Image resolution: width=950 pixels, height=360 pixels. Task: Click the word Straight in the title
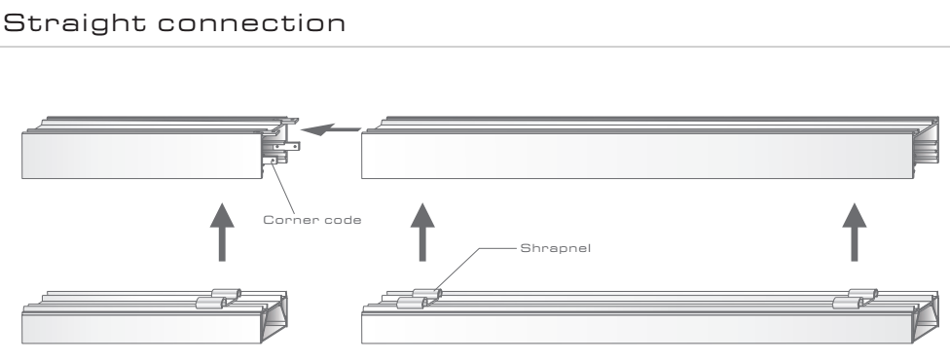coord(75,23)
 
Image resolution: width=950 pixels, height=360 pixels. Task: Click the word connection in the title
coord(252,23)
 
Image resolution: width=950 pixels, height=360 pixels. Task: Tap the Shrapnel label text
coord(555,248)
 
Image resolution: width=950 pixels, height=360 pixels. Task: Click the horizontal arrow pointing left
coord(331,129)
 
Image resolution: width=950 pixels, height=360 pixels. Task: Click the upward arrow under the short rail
coord(222,233)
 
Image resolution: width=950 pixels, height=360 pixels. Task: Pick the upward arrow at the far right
coord(855,233)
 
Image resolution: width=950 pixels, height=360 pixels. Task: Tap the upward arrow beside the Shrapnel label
coord(422,233)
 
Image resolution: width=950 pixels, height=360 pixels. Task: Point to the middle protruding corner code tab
coord(286,146)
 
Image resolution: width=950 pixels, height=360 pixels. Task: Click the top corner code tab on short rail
coord(291,122)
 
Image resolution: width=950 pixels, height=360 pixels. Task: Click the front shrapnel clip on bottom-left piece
coord(210,303)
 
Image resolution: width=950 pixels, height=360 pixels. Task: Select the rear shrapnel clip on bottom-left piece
coord(227,293)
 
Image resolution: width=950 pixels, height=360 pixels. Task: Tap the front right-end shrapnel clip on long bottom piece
coord(848,303)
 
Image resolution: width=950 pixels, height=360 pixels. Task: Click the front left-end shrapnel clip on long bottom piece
coord(412,303)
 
